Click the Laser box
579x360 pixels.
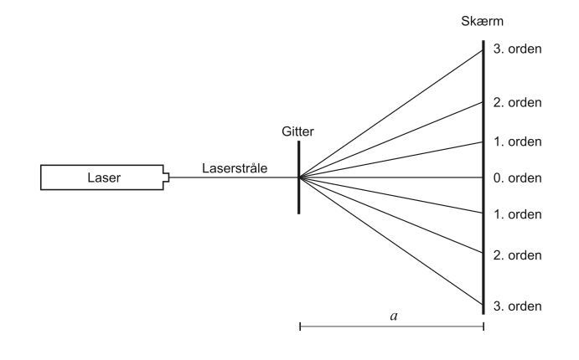101,177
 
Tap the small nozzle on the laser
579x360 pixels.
167,177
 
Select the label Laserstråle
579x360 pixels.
235,167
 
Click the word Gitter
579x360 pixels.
299,131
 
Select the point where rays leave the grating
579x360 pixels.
300,177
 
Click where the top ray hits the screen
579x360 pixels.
483,50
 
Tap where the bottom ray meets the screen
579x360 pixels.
483,305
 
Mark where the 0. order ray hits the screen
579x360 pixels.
483,177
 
